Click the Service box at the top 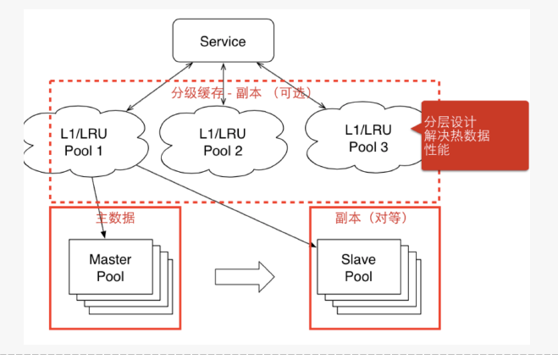(223, 41)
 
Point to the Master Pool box (110, 268)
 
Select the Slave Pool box (357, 268)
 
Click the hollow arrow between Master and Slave (245, 275)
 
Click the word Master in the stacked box (110, 260)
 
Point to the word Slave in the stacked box (357, 260)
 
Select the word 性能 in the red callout (437, 150)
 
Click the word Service (223, 41)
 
